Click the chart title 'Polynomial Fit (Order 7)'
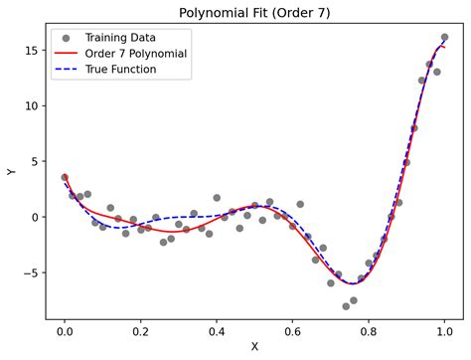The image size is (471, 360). (x=254, y=13)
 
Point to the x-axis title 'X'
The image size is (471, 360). (x=254, y=347)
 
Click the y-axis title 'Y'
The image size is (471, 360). (x=12, y=172)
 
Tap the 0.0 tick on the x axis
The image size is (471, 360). (x=65, y=328)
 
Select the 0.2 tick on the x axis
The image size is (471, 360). (x=140, y=328)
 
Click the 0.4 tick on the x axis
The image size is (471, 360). (x=217, y=328)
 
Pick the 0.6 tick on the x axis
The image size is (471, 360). (x=292, y=328)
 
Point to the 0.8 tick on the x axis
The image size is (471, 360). (x=369, y=328)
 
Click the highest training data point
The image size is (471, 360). (x=444, y=38)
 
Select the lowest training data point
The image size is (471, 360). (x=346, y=306)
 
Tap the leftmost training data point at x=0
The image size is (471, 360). (x=65, y=177)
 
